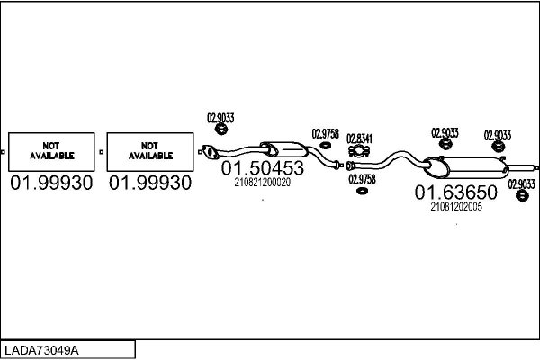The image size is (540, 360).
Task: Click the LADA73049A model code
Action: (x=41, y=350)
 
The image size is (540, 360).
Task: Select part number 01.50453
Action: (x=263, y=168)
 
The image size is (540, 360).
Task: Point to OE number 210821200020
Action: (x=263, y=182)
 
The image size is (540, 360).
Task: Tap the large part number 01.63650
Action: (x=456, y=193)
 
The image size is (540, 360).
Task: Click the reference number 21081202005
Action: (x=456, y=207)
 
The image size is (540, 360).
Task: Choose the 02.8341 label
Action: (x=359, y=139)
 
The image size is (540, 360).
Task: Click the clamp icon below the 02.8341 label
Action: (x=359, y=151)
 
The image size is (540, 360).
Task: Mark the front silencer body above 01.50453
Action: (x=284, y=150)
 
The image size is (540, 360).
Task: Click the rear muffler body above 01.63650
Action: (x=466, y=167)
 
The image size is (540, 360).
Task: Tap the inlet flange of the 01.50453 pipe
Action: (x=210, y=153)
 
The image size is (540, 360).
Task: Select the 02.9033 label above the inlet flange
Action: (x=220, y=118)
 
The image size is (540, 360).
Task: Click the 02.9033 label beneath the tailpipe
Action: (x=521, y=184)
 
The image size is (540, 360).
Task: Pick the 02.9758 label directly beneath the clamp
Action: (x=362, y=179)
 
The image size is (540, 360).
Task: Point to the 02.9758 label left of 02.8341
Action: (x=326, y=134)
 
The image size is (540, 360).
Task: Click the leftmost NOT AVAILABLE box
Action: (x=51, y=152)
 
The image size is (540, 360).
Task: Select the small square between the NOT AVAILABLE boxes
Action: (x=101, y=152)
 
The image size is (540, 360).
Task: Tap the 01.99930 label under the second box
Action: (x=150, y=183)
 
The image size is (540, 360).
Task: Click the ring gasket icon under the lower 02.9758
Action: (x=362, y=191)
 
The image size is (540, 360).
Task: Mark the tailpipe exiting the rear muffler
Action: (x=523, y=167)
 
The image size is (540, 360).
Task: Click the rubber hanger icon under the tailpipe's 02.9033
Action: (x=522, y=195)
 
